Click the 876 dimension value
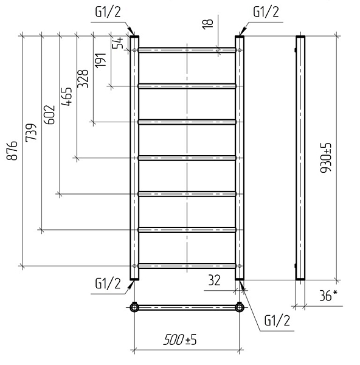[x=12, y=150]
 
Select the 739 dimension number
[x=31, y=132]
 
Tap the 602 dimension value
[x=49, y=114]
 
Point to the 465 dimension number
[x=66, y=97]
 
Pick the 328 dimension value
[x=83, y=78]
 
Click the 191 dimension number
[x=100, y=60]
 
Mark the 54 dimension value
[x=118, y=43]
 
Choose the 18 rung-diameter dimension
[x=207, y=24]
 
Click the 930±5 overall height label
[x=325, y=158]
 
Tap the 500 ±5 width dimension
[x=180, y=339]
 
